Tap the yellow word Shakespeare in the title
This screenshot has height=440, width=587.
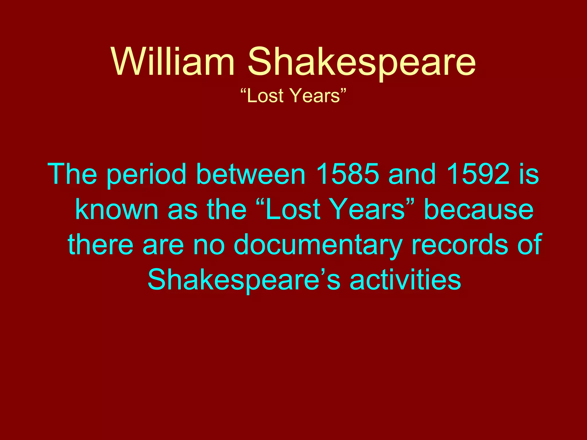pyautogui.click(x=361, y=62)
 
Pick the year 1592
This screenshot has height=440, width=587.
pyautogui.click(x=478, y=174)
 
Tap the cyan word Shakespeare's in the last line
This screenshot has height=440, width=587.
pyautogui.click(x=244, y=280)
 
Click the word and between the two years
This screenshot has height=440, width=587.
pyautogui.click(x=412, y=174)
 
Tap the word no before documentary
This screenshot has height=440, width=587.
pyautogui.click(x=209, y=245)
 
